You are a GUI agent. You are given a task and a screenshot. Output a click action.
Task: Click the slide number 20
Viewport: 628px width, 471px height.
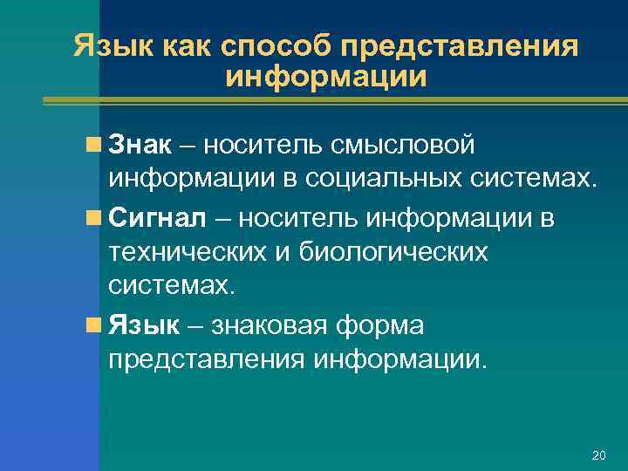pos(598,455)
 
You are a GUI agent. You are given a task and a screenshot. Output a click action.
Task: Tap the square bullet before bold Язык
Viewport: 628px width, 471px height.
pos(93,326)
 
